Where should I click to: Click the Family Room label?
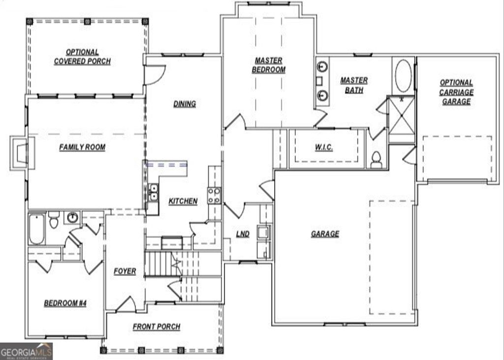[x=82, y=147]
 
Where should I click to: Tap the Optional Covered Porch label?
[x=82, y=57]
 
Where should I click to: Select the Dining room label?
[x=185, y=104]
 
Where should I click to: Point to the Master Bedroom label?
[x=269, y=65]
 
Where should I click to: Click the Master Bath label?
[x=354, y=85]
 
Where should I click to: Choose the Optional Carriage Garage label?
[x=456, y=92]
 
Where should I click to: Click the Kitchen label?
[x=183, y=201]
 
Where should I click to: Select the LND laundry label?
[x=243, y=234]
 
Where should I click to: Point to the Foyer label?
[x=125, y=271]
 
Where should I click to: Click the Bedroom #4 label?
[x=65, y=303]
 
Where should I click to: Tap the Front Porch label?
[x=157, y=327]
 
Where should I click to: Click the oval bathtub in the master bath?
[x=403, y=76]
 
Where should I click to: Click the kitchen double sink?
[x=154, y=192]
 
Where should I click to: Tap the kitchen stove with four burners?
[x=214, y=195]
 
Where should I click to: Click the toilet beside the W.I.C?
[x=376, y=159]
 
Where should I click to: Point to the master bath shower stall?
[x=402, y=119]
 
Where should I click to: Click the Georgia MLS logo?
[x=26, y=351]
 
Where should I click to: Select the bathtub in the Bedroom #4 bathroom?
[x=36, y=229]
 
